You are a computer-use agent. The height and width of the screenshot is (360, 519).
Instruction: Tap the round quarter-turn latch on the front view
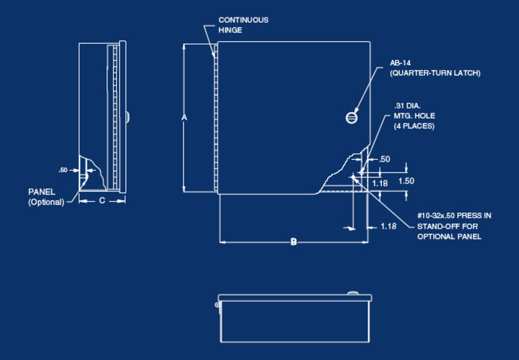pyautogui.click(x=352, y=117)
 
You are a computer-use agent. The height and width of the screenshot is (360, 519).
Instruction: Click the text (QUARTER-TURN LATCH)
pyautogui.click(x=435, y=73)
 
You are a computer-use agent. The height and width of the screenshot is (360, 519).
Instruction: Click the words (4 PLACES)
pyautogui.click(x=414, y=126)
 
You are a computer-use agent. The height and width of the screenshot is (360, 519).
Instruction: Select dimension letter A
pyautogui.click(x=184, y=117)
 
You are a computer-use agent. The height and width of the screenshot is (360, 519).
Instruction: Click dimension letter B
pyautogui.click(x=293, y=242)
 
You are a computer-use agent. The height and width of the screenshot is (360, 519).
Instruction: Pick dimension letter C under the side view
pyautogui.click(x=102, y=201)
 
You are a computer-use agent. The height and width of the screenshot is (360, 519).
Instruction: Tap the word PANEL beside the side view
pyautogui.click(x=42, y=192)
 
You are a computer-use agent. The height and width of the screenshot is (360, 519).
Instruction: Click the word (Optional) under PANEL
pyautogui.click(x=46, y=202)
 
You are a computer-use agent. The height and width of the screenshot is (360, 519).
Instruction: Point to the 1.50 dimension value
pyautogui.click(x=406, y=181)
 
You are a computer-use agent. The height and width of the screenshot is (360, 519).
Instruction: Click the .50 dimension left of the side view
pyautogui.click(x=63, y=170)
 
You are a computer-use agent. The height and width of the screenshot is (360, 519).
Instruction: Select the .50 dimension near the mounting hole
pyautogui.click(x=384, y=159)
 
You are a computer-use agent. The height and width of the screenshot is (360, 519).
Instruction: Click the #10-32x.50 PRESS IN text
pyautogui.click(x=454, y=215)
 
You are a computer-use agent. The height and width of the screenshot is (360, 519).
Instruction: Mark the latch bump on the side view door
pyautogui.click(x=128, y=117)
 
